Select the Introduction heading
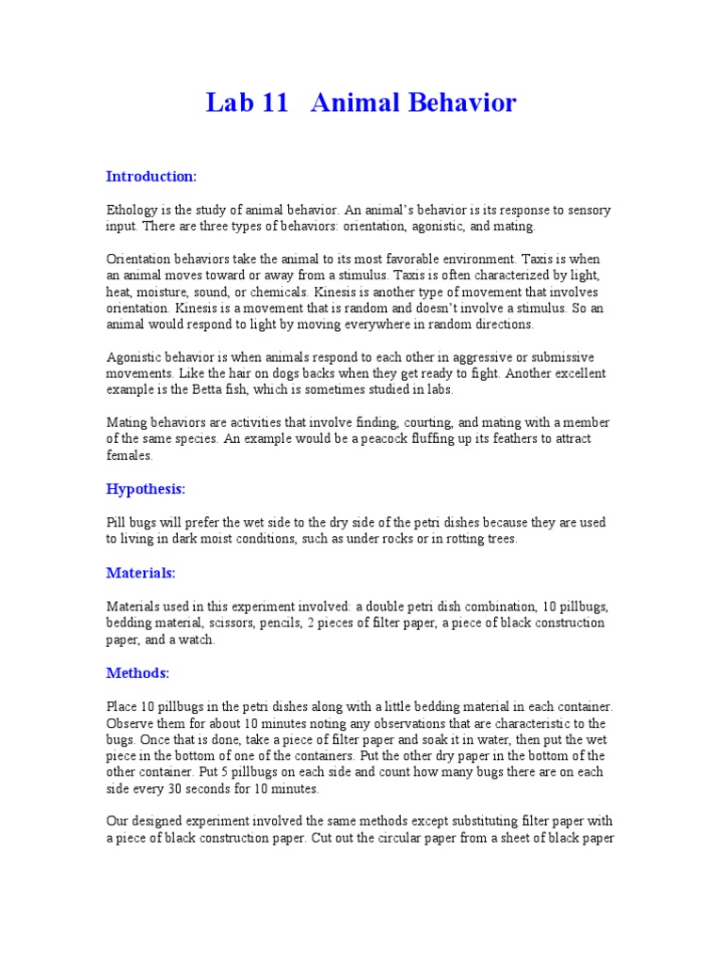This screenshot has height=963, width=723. tap(151, 176)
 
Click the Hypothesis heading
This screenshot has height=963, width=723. tap(146, 489)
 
